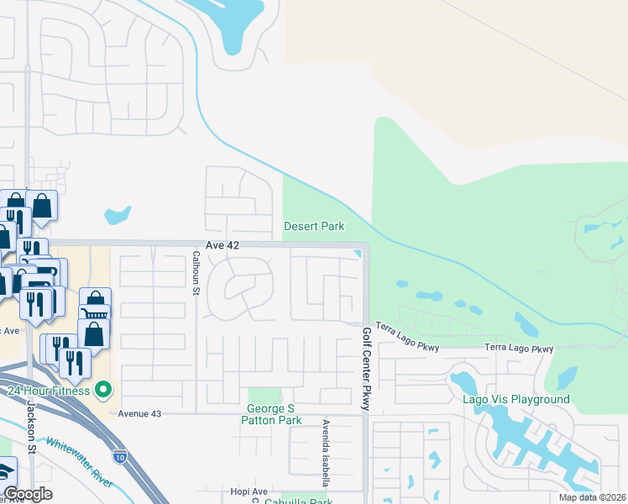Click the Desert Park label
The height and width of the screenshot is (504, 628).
[314, 226]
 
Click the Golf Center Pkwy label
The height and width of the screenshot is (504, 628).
[366, 368]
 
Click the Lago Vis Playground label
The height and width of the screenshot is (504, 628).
[515, 400]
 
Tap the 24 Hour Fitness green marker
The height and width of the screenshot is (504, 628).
[103, 389]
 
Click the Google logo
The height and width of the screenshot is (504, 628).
[28, 495]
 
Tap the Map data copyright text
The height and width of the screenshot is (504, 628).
[593, 497]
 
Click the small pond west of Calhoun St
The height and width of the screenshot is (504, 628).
[118, 215]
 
